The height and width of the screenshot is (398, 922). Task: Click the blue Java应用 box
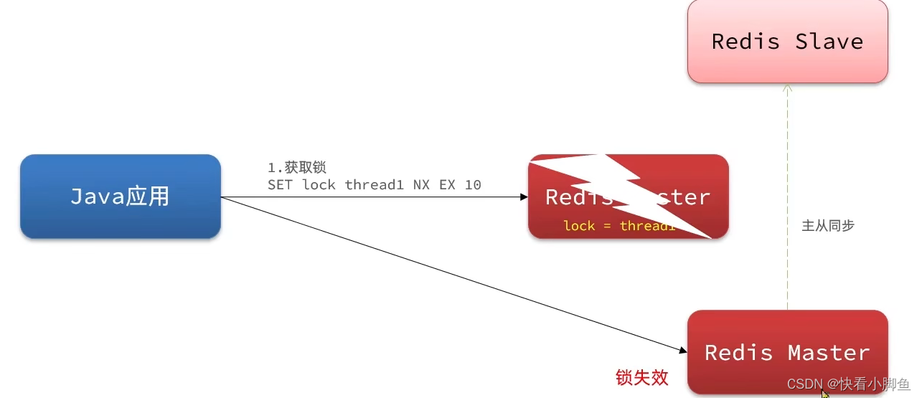pos(120,196)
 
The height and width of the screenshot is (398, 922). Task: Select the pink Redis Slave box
pos(787,41)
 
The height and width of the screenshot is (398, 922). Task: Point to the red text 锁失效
pos(642,377)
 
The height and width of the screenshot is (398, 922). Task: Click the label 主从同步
pos(827,225)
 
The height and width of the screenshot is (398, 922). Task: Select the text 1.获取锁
pos(297,167)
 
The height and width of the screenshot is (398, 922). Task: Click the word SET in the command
pos(281,185)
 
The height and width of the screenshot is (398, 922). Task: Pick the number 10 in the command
pos(472,185)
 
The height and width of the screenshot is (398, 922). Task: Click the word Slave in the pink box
pos(829,42)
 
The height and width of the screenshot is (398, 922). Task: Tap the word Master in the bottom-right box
pos(829,353)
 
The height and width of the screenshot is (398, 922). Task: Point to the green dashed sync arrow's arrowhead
pos(787,88)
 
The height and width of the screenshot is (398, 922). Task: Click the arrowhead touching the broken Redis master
pos(524,197)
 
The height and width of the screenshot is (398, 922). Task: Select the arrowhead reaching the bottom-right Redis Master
pos(682,350)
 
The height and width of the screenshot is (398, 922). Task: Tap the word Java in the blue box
pos(98,196)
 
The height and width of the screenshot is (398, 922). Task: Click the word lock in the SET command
pos(319,185)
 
